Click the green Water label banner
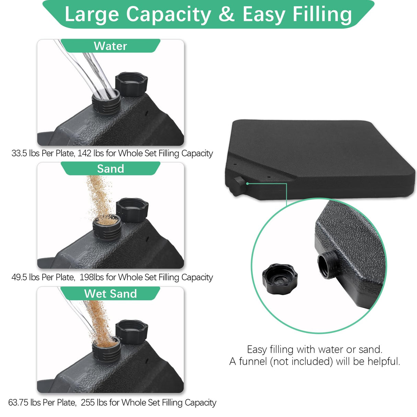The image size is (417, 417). pos(110,46)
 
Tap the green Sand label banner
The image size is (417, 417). pos(110,169)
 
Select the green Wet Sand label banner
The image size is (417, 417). pos(110,294)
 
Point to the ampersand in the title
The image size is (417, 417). pos(226,14)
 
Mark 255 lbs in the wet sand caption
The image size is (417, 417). pos(94,402)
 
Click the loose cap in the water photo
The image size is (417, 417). pos(131,83)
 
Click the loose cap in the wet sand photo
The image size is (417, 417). pos(132,330)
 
